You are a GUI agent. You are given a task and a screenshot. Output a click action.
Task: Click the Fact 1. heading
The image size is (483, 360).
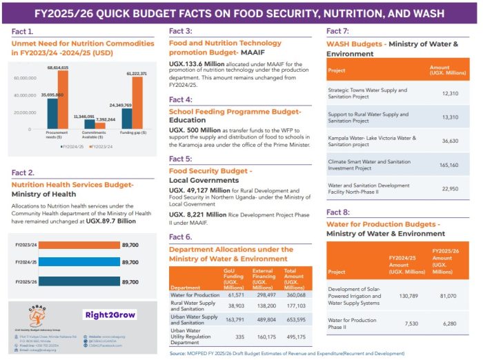tap(23, 32)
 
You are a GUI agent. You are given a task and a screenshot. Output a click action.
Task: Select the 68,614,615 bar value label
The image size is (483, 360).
tap(58, 68)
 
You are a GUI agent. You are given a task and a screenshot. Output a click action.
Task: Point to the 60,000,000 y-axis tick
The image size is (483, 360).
tap(26, 78)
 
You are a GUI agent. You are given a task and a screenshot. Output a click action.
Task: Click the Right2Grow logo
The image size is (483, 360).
tap(109, 315)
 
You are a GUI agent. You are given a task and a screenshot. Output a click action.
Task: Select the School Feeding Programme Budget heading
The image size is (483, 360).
tap(235, 111)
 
